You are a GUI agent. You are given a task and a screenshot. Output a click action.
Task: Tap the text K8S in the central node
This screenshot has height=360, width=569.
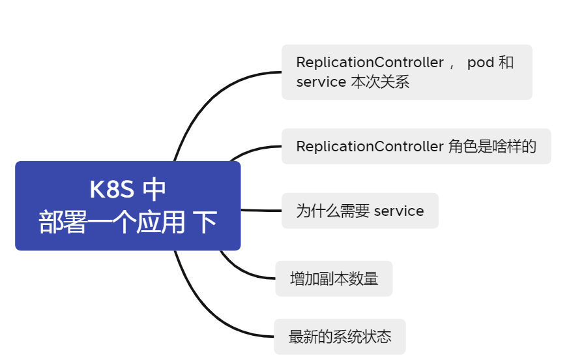click(111, 190)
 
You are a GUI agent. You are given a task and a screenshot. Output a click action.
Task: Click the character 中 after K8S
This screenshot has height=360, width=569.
click(154, 190)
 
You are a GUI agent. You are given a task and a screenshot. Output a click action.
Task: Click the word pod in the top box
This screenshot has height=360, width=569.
click(480, 63)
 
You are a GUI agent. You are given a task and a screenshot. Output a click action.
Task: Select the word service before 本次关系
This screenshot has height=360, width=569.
click(321, 82)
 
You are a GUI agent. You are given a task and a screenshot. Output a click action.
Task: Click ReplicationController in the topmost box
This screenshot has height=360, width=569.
click(370, 63)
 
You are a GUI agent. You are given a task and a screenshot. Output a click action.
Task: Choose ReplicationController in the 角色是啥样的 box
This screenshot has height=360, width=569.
click(370, 146)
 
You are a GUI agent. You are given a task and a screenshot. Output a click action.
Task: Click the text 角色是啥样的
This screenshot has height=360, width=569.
click(492, 146)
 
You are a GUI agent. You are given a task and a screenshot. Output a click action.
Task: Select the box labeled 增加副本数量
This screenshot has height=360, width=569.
click(334, 278)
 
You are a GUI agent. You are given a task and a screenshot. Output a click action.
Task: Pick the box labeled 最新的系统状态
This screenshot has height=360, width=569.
click(340, 337)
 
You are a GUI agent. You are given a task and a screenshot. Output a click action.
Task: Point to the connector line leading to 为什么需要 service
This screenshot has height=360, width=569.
click(261, 210)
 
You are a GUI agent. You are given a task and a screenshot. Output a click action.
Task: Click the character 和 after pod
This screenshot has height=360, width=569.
click(506, 63)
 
